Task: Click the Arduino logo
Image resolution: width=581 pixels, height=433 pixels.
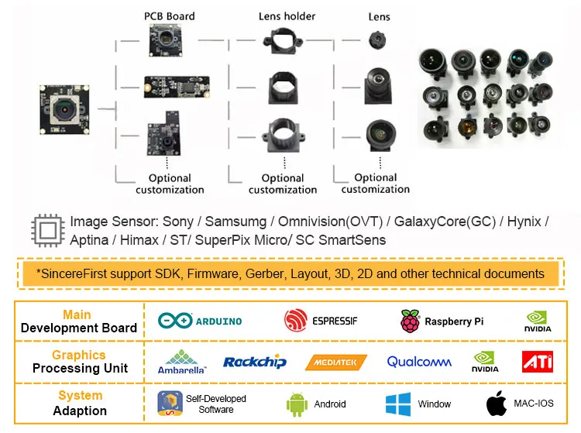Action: (200, 321)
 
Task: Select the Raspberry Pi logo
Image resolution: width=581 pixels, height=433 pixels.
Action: (442, 321)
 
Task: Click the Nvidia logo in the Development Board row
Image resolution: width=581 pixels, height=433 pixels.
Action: (538, 321)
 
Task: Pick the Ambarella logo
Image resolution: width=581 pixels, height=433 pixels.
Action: (182, 362)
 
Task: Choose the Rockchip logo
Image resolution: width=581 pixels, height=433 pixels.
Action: (254, 362)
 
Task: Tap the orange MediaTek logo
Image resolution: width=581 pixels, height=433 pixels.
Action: (336, 362)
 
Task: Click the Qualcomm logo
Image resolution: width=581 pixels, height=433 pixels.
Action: (419, 362)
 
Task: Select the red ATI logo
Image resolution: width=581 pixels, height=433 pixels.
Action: (537, 362)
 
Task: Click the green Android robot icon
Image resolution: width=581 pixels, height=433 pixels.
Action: (297, 404)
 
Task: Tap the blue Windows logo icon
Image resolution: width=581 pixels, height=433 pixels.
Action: (397, 404)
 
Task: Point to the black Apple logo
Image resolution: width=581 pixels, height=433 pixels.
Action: (497, 403)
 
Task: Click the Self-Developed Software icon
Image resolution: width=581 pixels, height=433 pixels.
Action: (170, 404)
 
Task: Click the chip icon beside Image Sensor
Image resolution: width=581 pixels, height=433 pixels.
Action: (46, 230)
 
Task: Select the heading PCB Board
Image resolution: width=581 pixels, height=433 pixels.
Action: (169, 15)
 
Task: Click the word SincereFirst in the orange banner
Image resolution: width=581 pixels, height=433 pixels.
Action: (76, 273)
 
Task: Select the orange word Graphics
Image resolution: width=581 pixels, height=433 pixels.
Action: (78, 355)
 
